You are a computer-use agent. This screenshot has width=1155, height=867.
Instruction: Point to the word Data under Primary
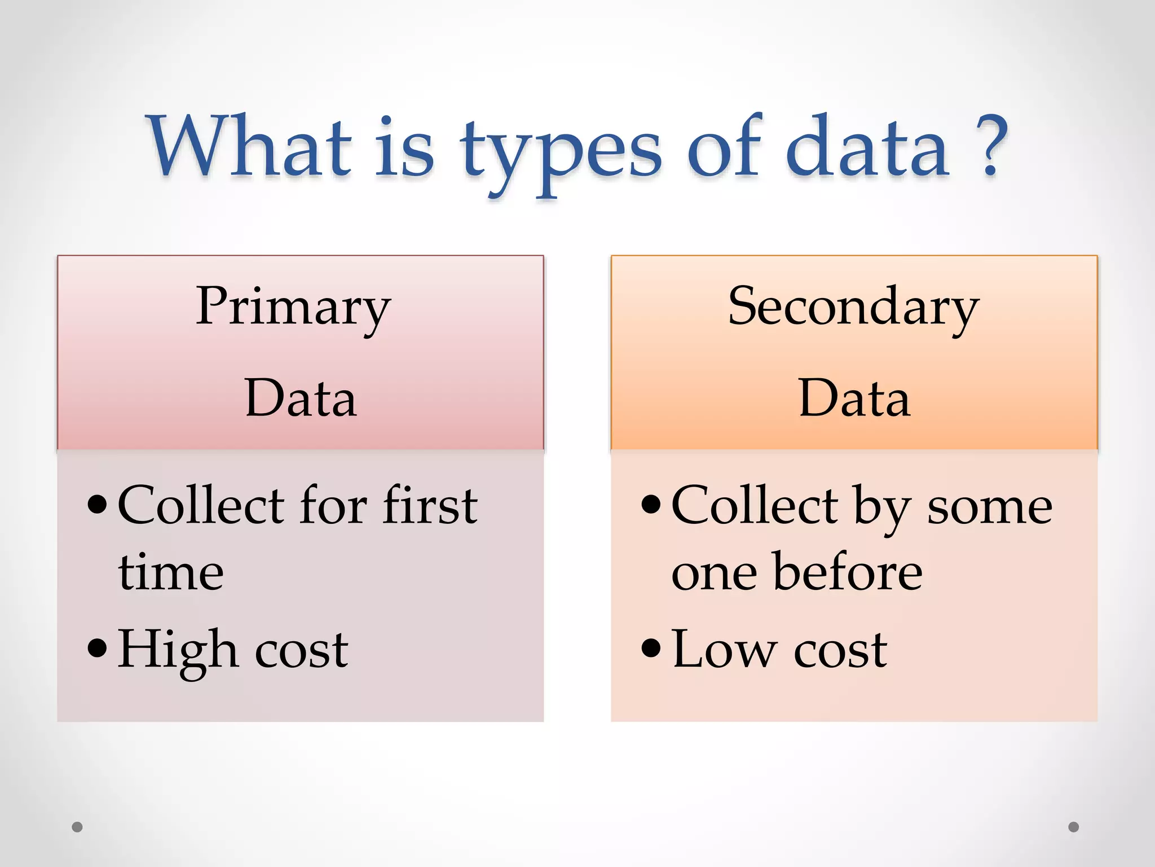(301, 399)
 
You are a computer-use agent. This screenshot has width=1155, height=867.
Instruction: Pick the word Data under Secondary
(854, 399)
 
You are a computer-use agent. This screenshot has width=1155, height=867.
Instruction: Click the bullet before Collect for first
(98, 505)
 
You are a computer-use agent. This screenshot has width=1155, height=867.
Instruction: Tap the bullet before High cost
(98, 649)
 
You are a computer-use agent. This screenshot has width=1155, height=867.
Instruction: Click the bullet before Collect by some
(651, 505)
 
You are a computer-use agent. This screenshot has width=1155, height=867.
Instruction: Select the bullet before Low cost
(651, 649)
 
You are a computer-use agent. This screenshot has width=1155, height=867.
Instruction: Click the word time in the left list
(171, 572)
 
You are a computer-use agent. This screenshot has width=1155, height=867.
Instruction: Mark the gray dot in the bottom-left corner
(77, 827)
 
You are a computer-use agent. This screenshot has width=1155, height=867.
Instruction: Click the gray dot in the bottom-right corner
(1073, 827)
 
